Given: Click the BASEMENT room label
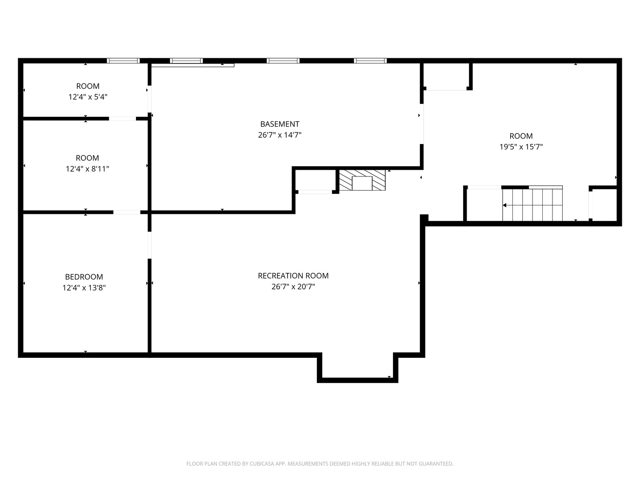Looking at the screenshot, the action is [x=280, y=124].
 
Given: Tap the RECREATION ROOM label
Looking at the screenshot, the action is [x=293, y=276].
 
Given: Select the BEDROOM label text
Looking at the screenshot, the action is [x=84, y=277].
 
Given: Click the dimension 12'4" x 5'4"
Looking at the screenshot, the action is [x=88, y=97].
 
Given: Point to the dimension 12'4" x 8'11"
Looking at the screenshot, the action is [x=87, y=169].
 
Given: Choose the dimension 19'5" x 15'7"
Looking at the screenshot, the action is [x=521, y=147].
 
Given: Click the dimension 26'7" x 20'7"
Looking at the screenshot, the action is [x=293, y=287].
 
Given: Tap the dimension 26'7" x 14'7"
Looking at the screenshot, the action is [x=280, y=135].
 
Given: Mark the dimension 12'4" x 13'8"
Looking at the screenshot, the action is [x=84, y=288].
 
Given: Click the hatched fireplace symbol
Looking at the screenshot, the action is [x=362, y=180].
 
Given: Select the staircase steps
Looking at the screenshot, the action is [x=532, y=205].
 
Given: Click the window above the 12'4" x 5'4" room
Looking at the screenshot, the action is [x=123, y=60].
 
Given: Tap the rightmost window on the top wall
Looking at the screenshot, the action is [x=370, y=60].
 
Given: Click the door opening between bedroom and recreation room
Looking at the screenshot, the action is [x=150, y=245].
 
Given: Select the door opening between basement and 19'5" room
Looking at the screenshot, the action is [x=422, y=124].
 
